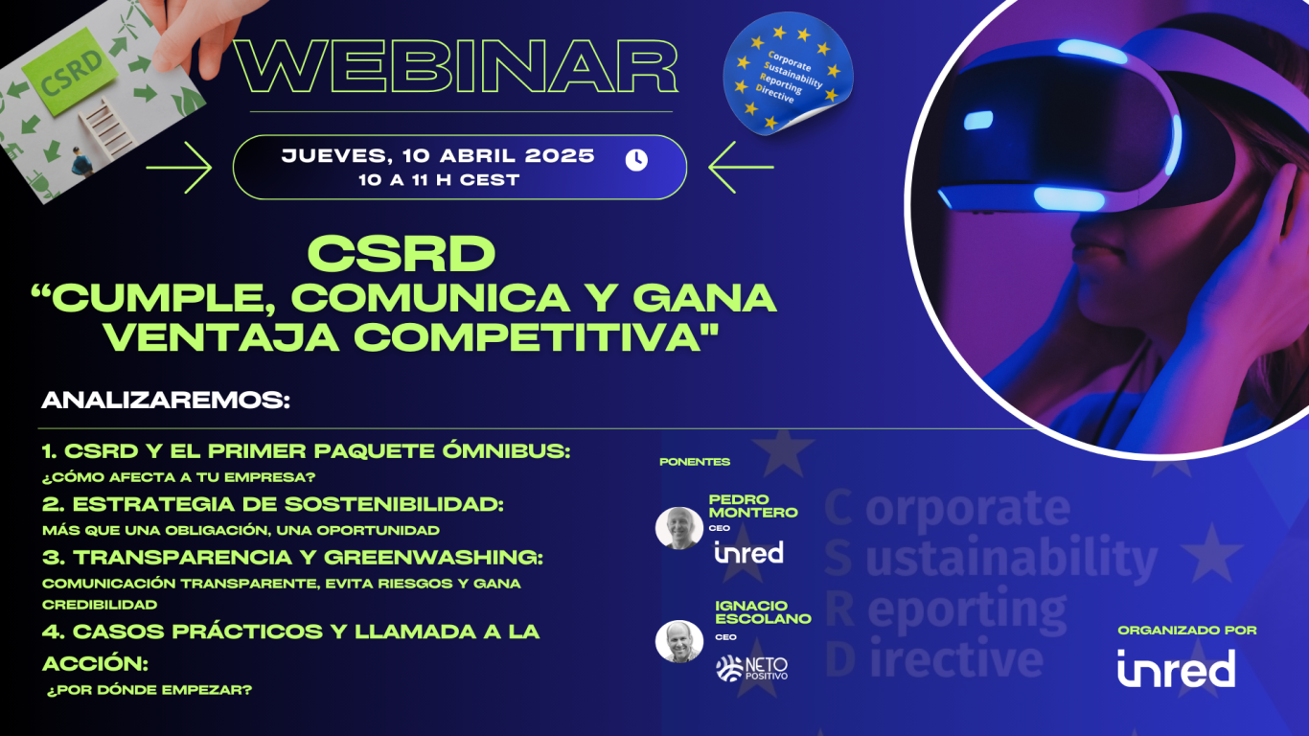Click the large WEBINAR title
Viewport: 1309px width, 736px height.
[456, 66]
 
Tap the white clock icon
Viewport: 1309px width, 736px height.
[636, 160]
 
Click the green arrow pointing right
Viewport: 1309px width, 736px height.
[179, 167]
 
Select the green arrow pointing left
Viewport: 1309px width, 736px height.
[741, 167]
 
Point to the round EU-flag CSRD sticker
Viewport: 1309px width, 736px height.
[788, 74]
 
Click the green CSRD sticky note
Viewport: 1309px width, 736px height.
[71, 72]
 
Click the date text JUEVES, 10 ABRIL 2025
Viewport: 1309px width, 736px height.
[438, 155]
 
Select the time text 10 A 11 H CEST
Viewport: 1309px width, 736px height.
[439, 180]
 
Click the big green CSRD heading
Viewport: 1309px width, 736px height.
[402, 254]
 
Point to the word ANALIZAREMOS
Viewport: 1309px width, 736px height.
[166, 401]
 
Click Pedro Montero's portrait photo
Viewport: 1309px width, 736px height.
[679, 528]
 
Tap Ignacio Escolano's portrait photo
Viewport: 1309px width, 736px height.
[679, 641]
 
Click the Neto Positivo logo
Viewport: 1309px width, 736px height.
[752, 669]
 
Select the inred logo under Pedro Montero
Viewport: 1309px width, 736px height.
[748, 552]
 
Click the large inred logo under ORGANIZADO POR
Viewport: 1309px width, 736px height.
[1177, 668]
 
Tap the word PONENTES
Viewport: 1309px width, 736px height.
[695, 462]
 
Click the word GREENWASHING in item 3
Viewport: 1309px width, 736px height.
[433, 557]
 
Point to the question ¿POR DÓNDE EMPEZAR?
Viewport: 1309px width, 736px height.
[149, 690]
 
